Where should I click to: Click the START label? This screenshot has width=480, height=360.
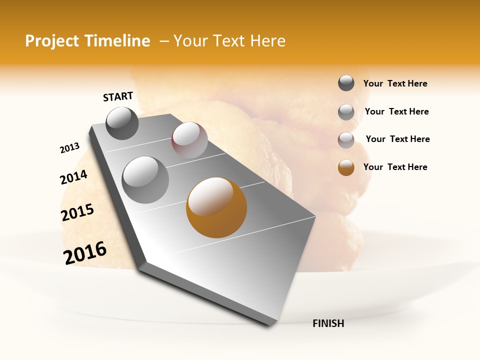[118, 96]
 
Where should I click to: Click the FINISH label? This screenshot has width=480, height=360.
[328, 323]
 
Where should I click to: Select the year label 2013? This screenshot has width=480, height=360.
[69, 148]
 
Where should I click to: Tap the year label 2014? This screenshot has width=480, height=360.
[73, 177]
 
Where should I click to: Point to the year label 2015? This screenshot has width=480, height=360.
[77, 212]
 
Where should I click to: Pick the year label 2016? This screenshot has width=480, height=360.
[85, 252]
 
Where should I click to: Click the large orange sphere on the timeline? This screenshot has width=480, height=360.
[216, 207]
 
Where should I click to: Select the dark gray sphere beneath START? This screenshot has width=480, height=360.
[122, 123]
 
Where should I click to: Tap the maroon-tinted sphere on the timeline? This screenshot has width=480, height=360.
[189, 140]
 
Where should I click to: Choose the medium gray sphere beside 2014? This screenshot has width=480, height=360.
[145, 179]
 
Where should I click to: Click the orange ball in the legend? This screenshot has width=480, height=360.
[346, 167]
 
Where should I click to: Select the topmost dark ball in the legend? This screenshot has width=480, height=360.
[346, 83]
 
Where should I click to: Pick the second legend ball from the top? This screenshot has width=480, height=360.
[346, 112]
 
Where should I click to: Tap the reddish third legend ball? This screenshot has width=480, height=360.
[346, 140]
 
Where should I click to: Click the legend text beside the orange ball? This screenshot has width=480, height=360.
[395, 167]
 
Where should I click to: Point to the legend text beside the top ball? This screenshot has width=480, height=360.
[395, 83]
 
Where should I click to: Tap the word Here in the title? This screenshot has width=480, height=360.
[267, 41]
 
